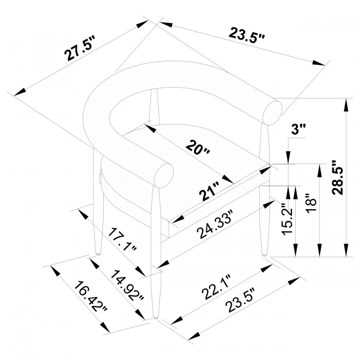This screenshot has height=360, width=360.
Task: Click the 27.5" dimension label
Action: [80, 48]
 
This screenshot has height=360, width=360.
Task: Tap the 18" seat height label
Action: [312, 203]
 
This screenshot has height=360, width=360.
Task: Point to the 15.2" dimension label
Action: [287, 218]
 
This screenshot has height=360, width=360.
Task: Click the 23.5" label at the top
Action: [247, 36]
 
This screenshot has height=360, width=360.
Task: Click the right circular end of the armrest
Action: [273, 113]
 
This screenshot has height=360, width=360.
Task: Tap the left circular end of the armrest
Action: [164, 176]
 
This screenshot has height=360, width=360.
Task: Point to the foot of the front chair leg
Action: [156, 317]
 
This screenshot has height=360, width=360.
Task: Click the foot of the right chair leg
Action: [264, 254]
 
